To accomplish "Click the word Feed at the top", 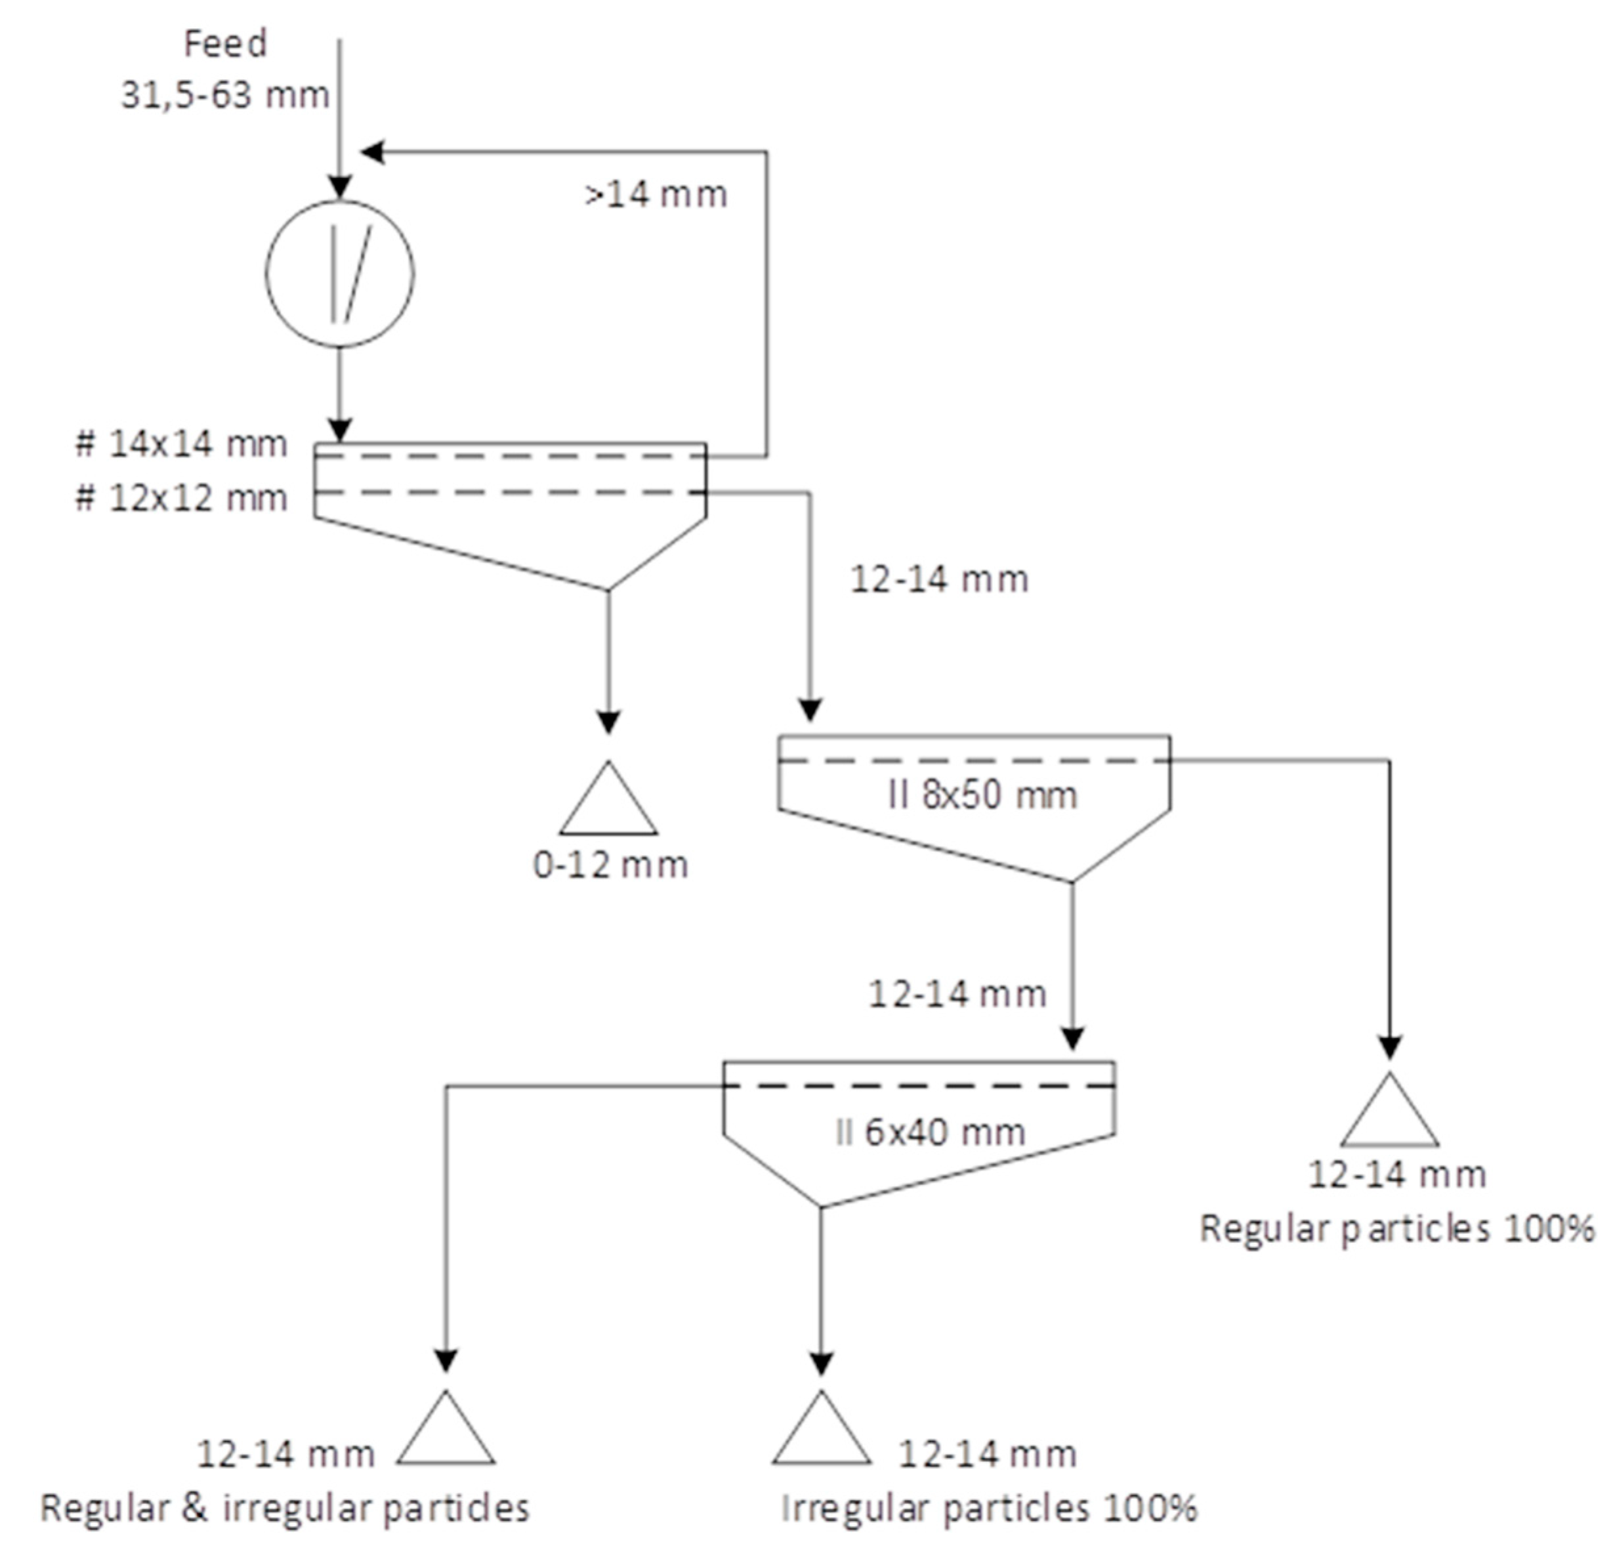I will pyautogui.click(x=225, y=44).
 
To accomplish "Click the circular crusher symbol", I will pyautogui.click(x=339, y=274).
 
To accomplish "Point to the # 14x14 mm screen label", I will pyautogui.click(x=181, y=445).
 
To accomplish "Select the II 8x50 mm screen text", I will pyautogui.click(x=982, y=796).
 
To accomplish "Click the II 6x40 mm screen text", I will pyautogui.click(x=929, y=1133).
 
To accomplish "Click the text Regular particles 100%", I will pyautogui.click(x=1396, y=1229).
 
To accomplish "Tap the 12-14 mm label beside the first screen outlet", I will pyautogui.click(x=939, y=580).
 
